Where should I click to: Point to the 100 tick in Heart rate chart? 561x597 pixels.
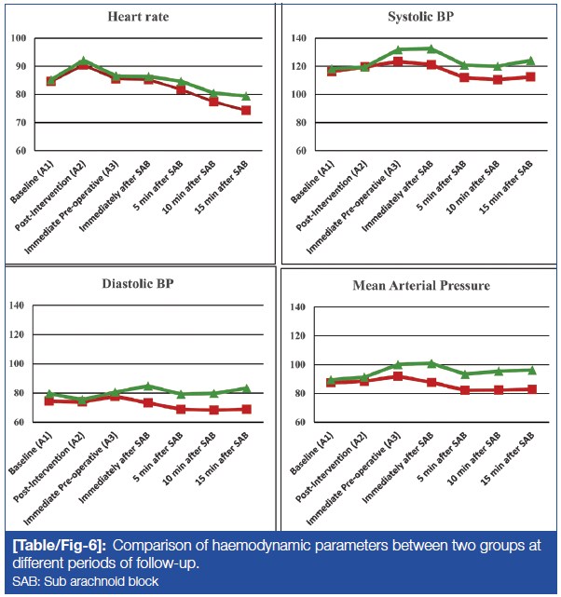[19, 38]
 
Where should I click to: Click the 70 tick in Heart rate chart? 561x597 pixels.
[19, 122]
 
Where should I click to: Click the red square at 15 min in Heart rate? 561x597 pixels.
[246, 110]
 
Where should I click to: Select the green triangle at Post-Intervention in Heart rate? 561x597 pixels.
[84, 61]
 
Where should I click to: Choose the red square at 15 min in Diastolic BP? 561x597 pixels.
[246, 409]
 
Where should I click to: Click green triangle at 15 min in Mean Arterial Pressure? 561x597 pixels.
[530, 370]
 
